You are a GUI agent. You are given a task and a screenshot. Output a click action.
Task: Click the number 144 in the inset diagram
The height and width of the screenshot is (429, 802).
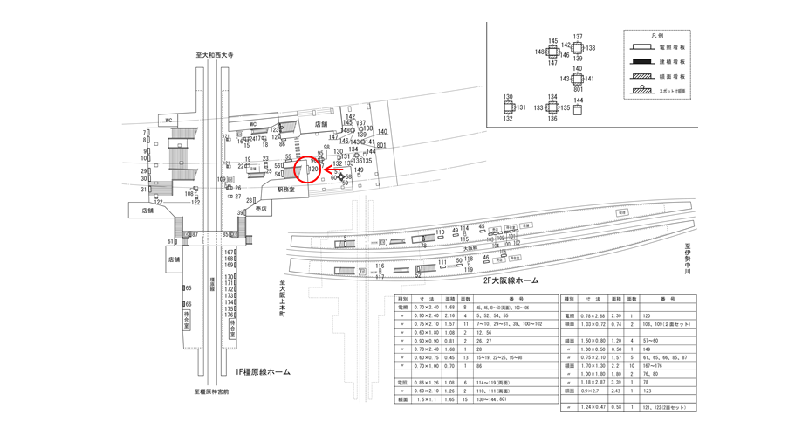(578, 100)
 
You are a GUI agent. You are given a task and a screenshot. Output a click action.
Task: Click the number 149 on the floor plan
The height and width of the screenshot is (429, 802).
(358, 170)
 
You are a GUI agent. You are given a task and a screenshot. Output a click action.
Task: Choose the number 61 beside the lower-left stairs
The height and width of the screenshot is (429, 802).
(171, 240)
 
